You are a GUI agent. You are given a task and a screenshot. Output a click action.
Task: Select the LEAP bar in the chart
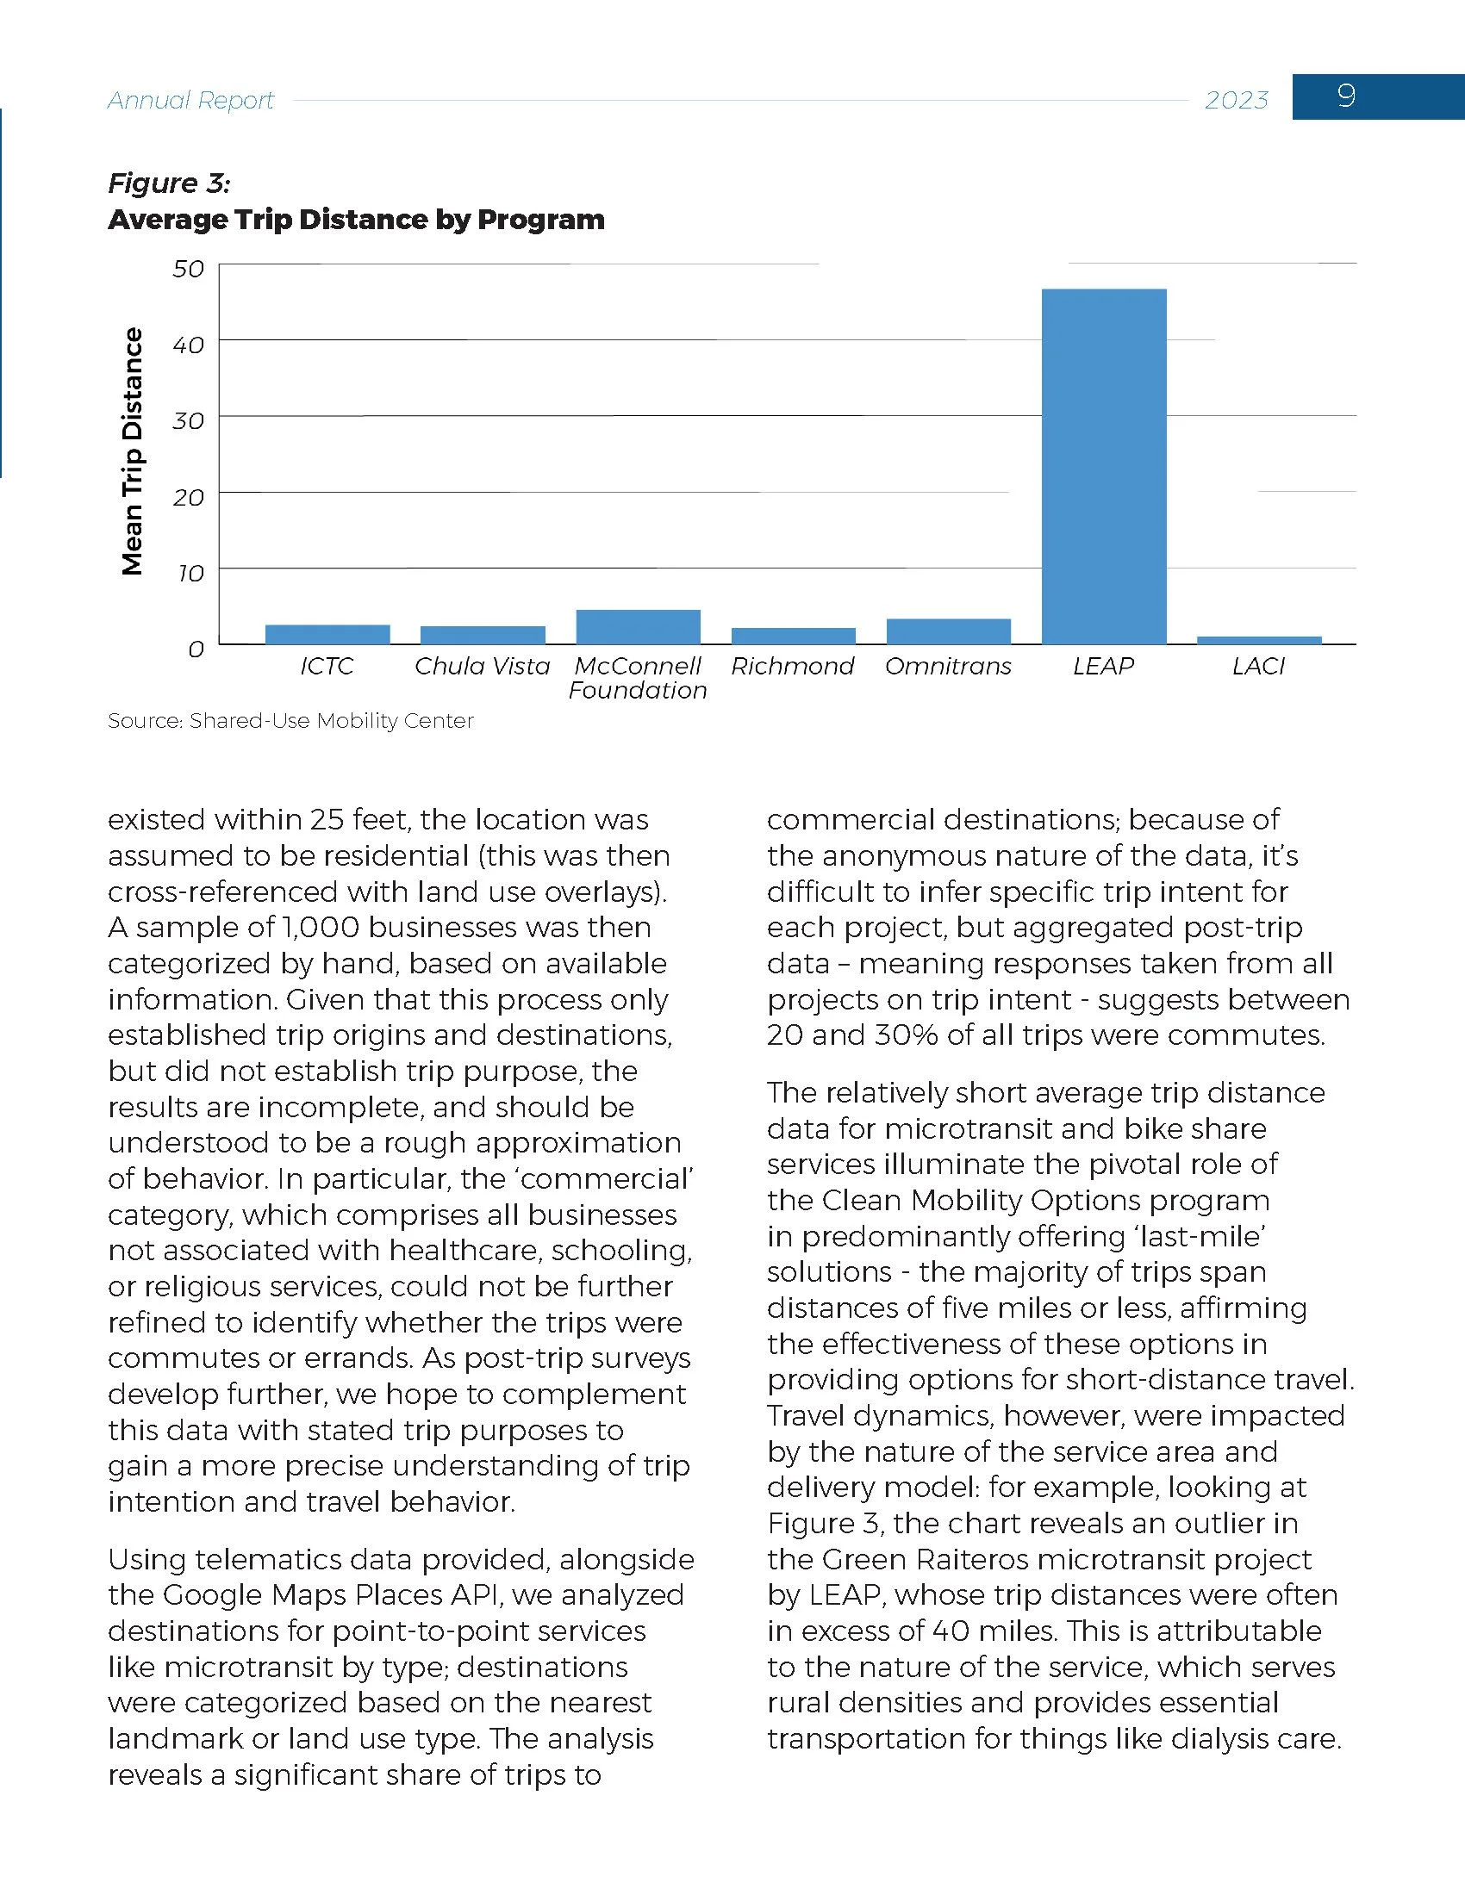(1103, 466)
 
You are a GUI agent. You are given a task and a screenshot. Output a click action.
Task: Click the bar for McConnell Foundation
(638, 626)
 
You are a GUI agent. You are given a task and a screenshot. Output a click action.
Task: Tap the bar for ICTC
(327, 634)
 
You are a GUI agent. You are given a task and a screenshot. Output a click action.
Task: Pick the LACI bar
(1258, 640)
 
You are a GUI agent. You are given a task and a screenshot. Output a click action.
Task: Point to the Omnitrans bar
(948, 631)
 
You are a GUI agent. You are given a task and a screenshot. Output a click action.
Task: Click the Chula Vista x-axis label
(482, 667)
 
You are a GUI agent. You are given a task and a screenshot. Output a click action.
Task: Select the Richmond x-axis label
(792, 667)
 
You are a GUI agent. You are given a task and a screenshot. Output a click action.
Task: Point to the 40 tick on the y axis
(189, 345)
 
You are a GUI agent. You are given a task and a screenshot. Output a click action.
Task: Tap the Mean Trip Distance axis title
(132, 451)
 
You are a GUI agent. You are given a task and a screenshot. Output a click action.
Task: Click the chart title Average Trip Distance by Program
(356, 220)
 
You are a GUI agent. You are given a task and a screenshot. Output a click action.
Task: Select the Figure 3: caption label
(168, 183)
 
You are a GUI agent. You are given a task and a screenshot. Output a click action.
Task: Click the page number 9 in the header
(1346, 96)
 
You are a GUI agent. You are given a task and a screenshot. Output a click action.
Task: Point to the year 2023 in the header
(1236, 101)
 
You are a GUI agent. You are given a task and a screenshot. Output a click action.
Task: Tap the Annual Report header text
(190, 101)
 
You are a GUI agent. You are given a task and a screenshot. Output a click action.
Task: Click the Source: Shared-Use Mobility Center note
(290, 721)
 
